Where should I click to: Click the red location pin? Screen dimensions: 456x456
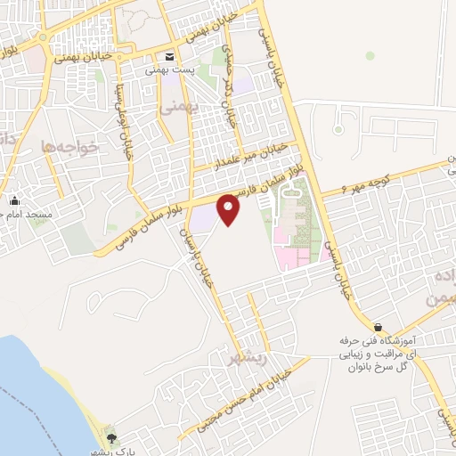[x=229, y=209]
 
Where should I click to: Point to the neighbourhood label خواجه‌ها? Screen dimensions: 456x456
[x=68, y=146]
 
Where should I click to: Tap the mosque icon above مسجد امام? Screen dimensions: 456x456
[x=14, y=201]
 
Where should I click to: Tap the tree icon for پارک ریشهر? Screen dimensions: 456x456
[x=111, y=437]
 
